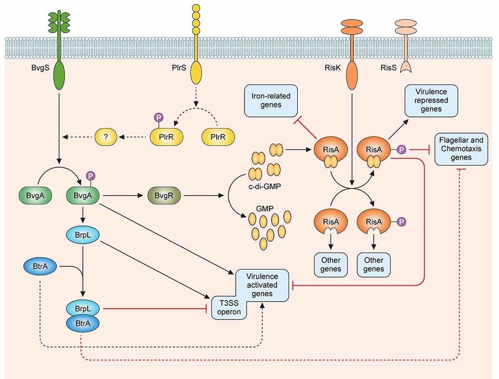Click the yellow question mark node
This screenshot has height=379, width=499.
pyautogui.click(x=107, y=136)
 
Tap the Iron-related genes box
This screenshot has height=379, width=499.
pyautogui.click(x=265, y=100)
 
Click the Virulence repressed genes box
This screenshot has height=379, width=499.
pyautogui.click(x=431, y=100)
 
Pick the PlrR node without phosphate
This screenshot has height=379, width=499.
pyautogui.click(x=218, y=136)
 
